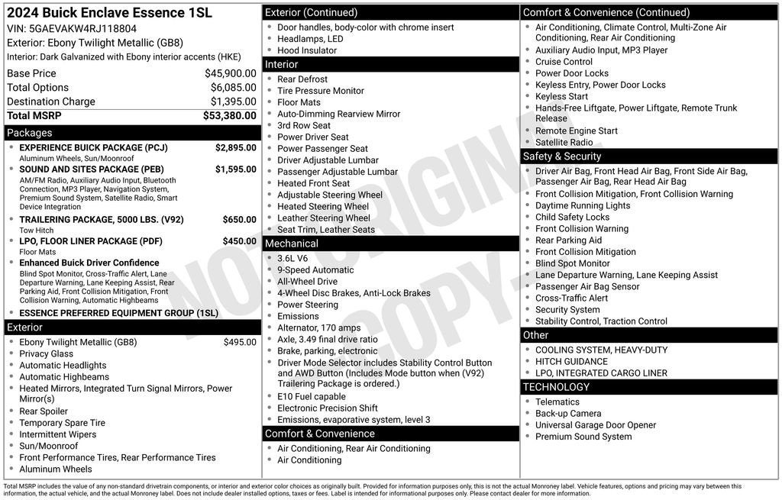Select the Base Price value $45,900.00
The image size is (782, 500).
pyautogui.click(x=230, y=73)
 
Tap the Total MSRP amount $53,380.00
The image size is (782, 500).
pyautogui.click(x=229, y=116)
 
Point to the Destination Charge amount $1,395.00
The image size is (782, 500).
pyautogui.click(x=233, y=102)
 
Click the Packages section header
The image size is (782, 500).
pyautogui.click(x=30, y=133)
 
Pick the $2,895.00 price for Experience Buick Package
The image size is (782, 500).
pyautogui.click(x=235, y=147)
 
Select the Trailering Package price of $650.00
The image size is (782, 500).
pyautogui.click(x=239, y=220)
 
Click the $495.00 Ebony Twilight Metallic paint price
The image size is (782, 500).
pyautogui.click(x=240, y=342)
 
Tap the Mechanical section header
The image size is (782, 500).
pyautogui.click(x=291, y=244)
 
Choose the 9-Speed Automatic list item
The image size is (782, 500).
pyautogui.click(x=315, y=269)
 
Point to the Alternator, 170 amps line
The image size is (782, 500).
pyautogui.click(x=318, y=327)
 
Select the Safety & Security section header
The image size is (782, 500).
pyautogui.click(x=562, y=156)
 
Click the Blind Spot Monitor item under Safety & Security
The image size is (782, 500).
pyautogui.click(x=573, y=263)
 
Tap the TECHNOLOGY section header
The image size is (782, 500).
pyautogui.click(x=556, y=387)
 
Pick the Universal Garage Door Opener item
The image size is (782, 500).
pyautogui.click(x=596, y=425)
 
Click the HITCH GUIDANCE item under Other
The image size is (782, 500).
pyautogui.click(x=571, y=362)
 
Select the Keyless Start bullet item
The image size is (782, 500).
pyautogui.click(x=561, y=96)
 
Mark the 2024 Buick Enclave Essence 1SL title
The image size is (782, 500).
pyautogui.click(x=109, y=13)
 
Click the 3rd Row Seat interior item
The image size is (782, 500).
pyautogui.click(x=304, y=125)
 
